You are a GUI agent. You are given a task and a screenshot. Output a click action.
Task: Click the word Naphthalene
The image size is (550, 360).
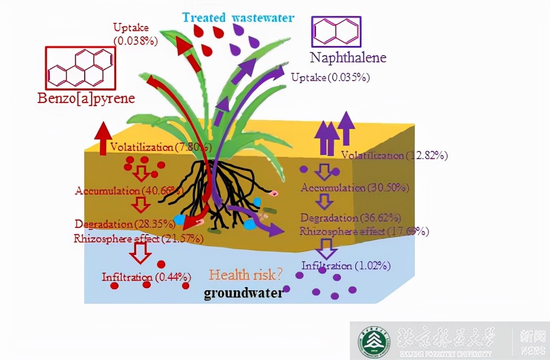point(348,57)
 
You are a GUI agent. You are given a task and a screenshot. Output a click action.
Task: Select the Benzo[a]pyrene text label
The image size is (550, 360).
point(86,98)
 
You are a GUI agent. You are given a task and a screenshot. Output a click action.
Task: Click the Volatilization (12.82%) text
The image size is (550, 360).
point(394,155)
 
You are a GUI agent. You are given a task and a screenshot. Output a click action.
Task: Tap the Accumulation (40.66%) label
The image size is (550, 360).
point(129,190)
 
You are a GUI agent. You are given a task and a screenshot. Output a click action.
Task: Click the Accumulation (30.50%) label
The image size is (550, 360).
point(355,187)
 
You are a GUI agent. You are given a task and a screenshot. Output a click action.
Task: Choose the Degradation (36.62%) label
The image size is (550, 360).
point(350,217)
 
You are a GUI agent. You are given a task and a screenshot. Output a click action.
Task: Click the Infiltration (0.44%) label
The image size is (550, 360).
point(146,276)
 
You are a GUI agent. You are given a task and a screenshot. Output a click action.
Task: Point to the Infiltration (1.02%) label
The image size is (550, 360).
point(346,265)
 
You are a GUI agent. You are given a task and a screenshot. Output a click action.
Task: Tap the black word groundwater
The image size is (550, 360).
point(243,293)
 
